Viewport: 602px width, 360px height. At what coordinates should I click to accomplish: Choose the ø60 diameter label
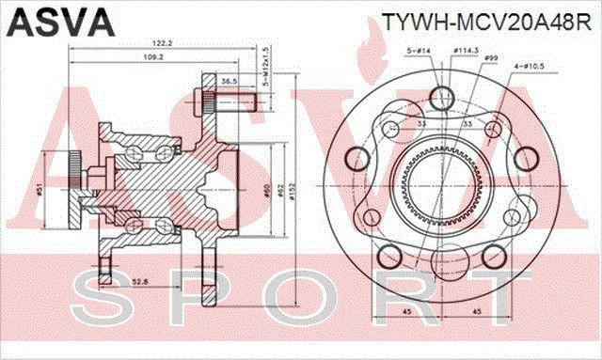coord(267,191)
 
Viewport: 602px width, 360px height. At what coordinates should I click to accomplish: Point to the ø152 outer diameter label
coord(293,191)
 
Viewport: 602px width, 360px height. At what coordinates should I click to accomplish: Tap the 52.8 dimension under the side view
coord(138,280)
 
